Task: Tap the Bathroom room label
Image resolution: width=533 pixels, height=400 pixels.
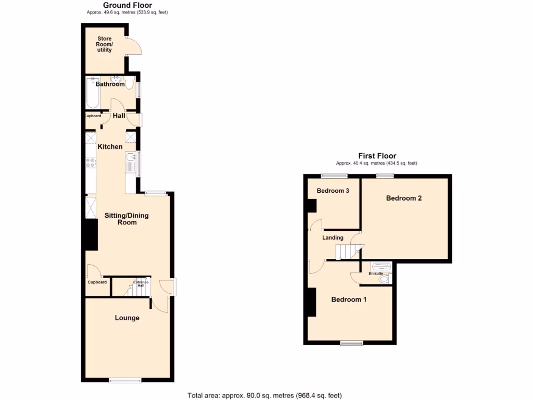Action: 110,84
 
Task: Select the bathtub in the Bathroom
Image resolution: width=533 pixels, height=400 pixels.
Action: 93,94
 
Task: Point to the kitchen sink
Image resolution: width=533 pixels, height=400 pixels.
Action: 131,158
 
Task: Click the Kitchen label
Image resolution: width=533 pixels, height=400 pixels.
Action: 110,147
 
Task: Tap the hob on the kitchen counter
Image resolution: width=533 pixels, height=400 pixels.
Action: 91,162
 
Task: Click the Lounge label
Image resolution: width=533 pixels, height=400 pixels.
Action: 127,318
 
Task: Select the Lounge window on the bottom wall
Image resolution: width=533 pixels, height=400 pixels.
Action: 125,381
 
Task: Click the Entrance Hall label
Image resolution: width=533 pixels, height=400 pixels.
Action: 141,284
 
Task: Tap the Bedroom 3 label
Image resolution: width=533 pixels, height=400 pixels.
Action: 333,191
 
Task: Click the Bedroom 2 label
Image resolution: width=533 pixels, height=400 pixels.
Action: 403,198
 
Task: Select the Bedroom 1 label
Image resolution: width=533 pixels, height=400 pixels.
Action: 349,299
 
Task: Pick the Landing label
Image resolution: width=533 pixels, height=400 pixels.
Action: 333,238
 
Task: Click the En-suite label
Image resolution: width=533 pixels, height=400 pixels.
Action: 376,273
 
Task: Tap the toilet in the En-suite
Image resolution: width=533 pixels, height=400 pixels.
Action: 384,280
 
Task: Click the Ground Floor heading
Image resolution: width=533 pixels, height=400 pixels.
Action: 128,5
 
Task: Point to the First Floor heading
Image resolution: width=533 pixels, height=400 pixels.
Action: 377,156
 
